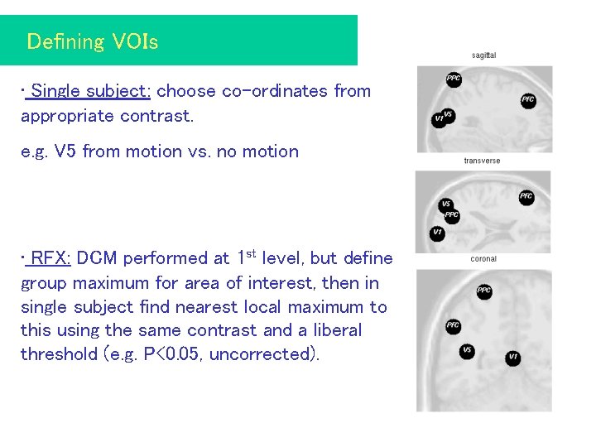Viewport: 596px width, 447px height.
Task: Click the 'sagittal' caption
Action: point(483,55)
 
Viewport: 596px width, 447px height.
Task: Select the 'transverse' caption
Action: point(482,161)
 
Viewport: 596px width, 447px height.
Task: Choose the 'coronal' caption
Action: point(483,259)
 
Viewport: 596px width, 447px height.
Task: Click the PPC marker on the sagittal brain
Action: point(454,79)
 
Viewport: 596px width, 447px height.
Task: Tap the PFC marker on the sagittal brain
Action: point(528,100)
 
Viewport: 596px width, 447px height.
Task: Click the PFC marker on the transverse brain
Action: point(526,197)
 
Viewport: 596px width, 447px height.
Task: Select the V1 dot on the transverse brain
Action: point(437,233)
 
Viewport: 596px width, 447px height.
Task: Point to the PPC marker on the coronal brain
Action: point(484,291)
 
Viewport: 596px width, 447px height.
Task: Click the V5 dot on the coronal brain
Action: point(467,351)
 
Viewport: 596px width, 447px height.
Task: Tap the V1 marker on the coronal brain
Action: point(513,358)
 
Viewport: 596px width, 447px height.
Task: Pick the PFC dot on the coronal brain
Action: point(453,326)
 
